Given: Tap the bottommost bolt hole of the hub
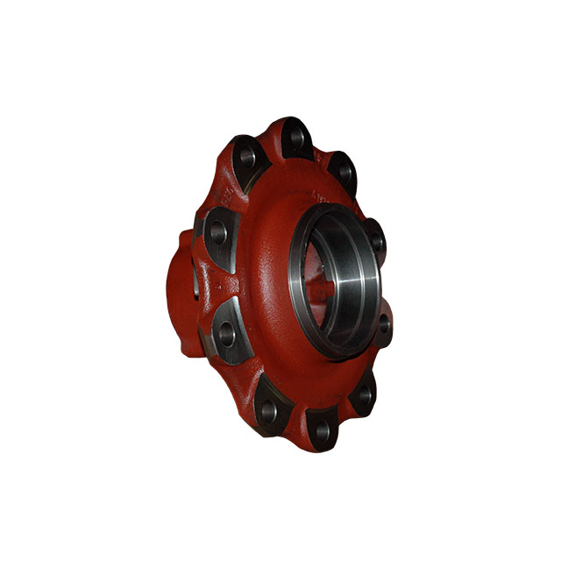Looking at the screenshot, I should [x=322, y=430].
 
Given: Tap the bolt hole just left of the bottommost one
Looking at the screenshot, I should [x=268, y=409].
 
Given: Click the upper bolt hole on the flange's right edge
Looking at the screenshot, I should [x=377, y=239].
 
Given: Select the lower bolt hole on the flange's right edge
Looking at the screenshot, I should [x=383, y=323].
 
